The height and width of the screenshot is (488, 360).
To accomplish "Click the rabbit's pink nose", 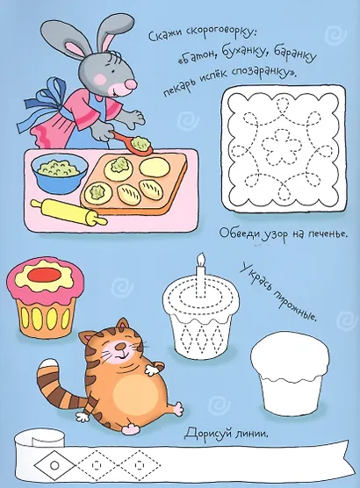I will (x=131, y=83).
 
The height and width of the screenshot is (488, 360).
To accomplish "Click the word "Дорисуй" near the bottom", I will (x=210, y=434).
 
